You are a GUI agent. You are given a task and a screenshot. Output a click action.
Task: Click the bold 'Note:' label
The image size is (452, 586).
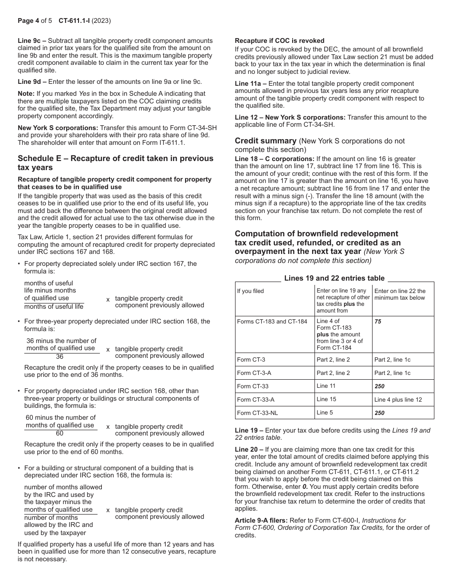click(x=26, y=94)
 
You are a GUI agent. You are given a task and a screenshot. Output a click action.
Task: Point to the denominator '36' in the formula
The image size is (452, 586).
click(x=59, y=356)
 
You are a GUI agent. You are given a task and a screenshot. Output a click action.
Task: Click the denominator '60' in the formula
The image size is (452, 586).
click(x=59, y=434)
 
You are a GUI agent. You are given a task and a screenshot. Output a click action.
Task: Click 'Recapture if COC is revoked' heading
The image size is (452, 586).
click(x=280, y=40)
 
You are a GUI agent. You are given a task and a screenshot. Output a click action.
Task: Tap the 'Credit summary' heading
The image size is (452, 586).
click(x=265, y=141)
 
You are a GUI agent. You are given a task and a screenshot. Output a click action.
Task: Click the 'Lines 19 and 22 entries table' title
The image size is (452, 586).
click(x=334, y=278)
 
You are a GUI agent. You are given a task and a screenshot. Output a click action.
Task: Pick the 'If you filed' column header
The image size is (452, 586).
click(x=250, y=291)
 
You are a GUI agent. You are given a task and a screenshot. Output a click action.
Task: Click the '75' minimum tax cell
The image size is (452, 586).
click(x=378, y=322)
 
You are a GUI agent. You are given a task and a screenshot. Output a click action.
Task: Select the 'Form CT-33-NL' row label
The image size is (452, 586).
click(x=257, y=413)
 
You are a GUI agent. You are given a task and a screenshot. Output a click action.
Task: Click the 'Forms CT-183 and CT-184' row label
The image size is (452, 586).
click(x=272, y=322)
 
